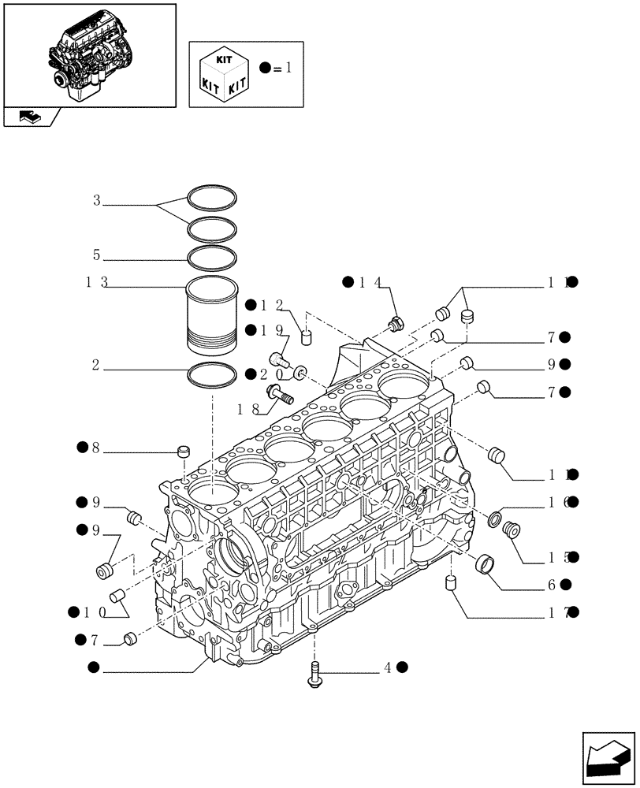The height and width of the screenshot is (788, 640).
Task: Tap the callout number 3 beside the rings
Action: tap(97, 201)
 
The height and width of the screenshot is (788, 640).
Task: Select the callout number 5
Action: tap(97, 255)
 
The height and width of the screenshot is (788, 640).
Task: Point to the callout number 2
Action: tap(95, 365)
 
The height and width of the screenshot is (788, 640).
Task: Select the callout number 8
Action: tap(95, 448)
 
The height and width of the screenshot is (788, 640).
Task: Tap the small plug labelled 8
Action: tap(185, 452)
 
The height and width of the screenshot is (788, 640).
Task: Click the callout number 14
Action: tap(371, 282)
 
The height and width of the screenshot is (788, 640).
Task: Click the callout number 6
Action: tap(551, 585)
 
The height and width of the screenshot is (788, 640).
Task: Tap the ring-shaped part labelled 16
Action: tap(495, 519)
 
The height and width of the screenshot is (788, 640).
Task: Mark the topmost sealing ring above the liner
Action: tap(212, 196)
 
